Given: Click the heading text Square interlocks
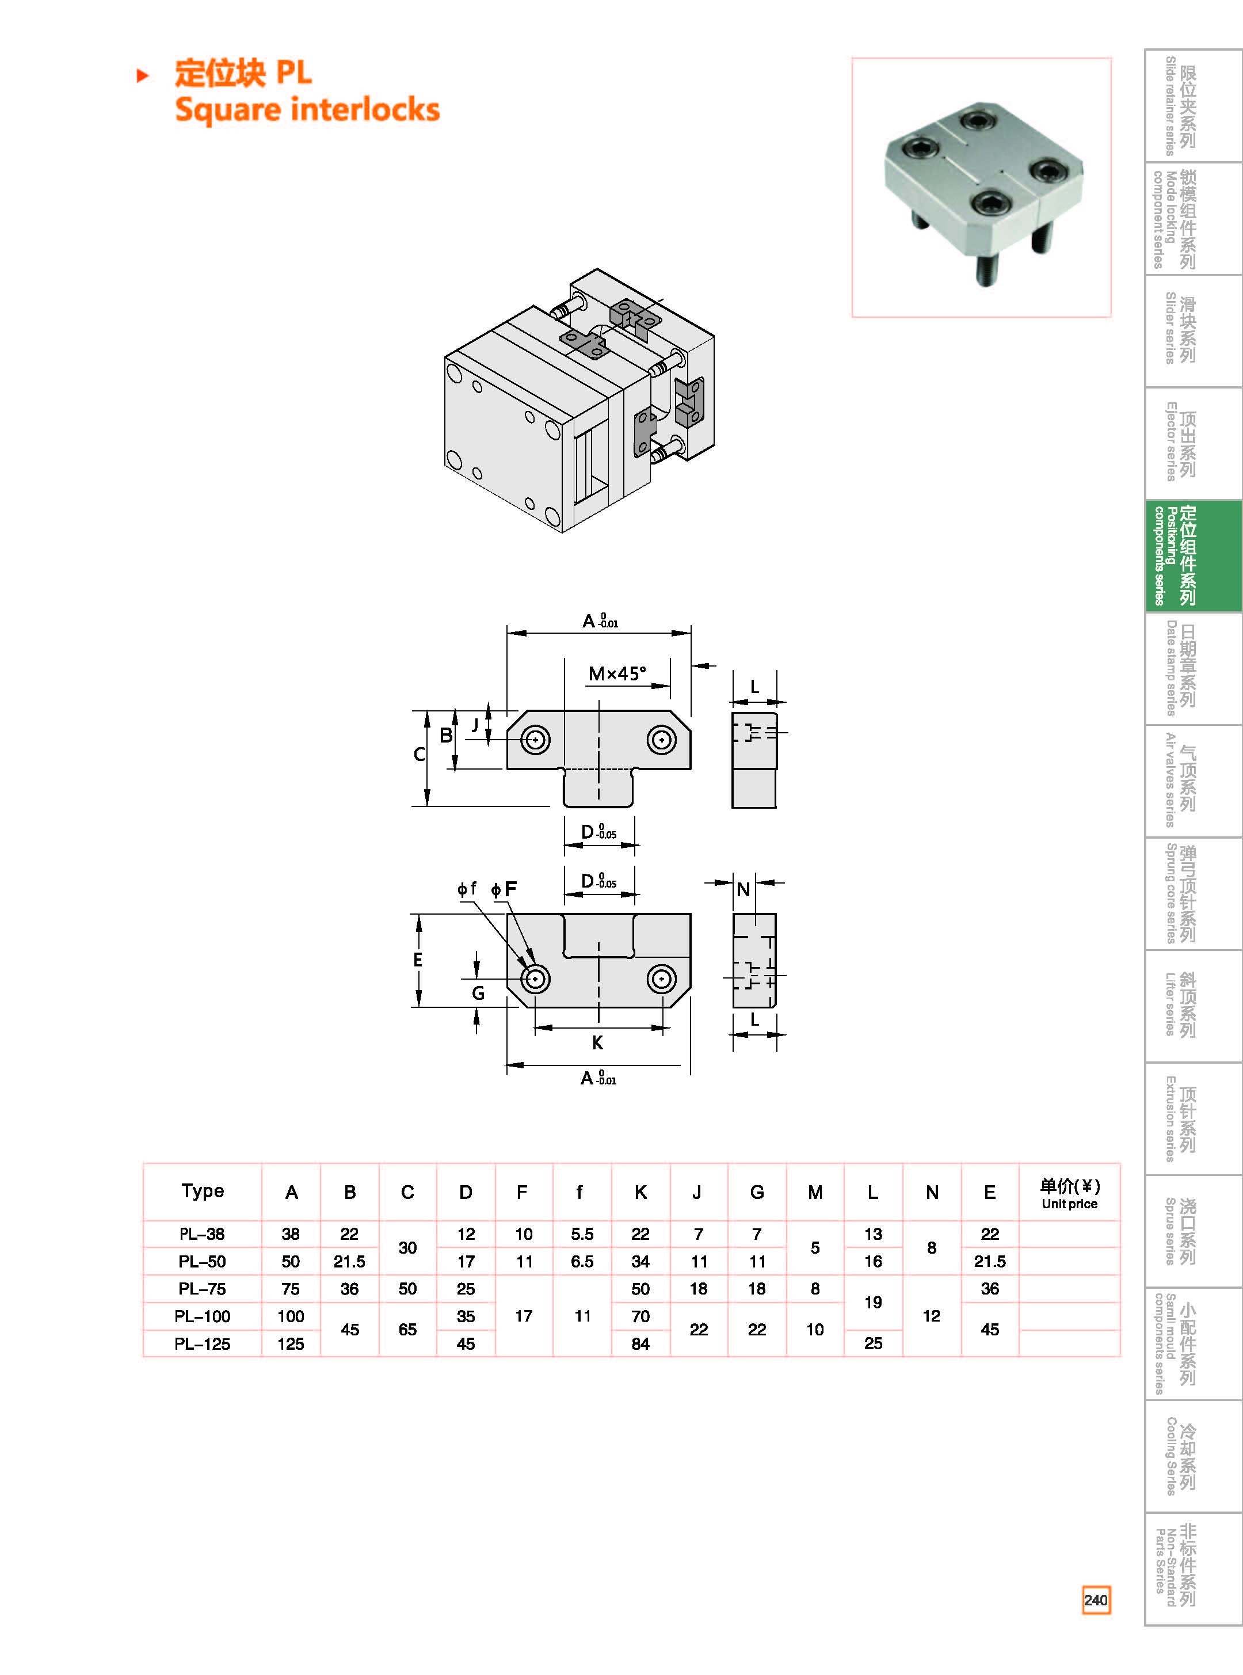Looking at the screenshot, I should [x=307, y=110].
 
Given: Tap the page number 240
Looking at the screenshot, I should [x=1096, y=1600].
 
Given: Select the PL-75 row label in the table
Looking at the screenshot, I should [x=201, y=1289].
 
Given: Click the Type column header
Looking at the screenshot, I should [x=203, y=1191].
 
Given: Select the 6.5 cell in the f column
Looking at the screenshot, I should [x=582, y=1262].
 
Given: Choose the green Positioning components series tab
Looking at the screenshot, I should [x=1192, y=556].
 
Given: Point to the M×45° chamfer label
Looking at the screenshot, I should [x=617, y=673].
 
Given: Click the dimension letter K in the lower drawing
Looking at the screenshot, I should [x=597, y=1043].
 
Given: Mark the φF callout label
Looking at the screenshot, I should [x=505, y=889].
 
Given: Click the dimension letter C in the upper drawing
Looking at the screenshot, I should [x=419, y=755].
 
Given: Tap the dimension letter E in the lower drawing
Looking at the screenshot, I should [x=418, y=960].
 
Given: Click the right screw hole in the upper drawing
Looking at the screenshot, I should [x=661, y=740].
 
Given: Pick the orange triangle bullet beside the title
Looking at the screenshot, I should [x=142, y=75].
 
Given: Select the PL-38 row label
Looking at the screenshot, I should [x=201, y=1234].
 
